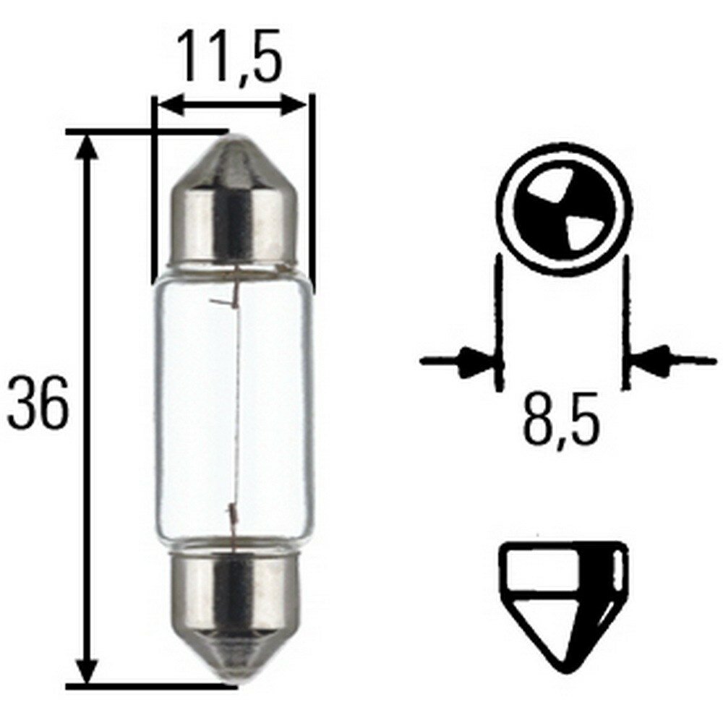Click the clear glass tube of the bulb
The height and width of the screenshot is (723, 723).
point(235,405)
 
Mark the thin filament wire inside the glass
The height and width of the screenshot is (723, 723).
point(236,405)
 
